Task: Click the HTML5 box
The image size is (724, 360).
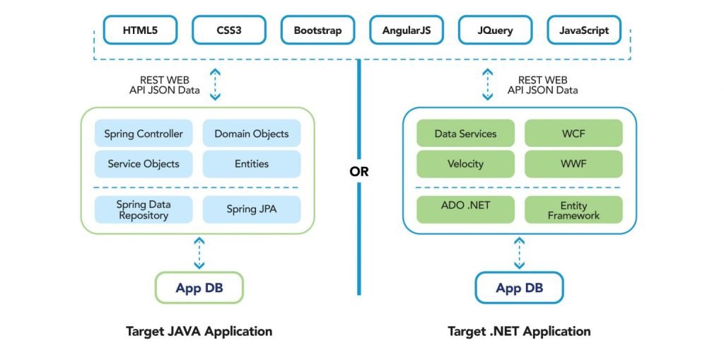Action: tap(140, 30)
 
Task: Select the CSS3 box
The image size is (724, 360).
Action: tap(229, 30)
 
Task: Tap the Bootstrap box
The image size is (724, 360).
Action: tap(317, 30)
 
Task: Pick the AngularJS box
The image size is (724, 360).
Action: tap(407, 30)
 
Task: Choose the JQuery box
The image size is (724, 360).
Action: tap(495, 30)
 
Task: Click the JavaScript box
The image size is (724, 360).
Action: tap(584, 30)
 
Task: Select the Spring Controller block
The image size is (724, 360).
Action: tap(144, 134)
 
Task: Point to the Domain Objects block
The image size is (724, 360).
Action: tap(252, 134)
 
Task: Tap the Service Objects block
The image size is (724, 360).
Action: tap(144, 163)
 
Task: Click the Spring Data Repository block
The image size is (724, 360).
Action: tap(144, 209)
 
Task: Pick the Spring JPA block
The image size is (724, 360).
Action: tap(252, 209)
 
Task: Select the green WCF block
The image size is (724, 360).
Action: tap(573, 134)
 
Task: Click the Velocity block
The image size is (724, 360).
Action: tap(465, 163)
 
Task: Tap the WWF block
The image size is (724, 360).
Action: tap(573, 163)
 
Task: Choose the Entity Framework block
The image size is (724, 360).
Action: tap(573, 209)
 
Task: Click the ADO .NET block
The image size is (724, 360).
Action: tap(465, 209)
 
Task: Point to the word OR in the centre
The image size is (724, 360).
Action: tap(358, 172)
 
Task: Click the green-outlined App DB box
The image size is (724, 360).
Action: tap(199, 287)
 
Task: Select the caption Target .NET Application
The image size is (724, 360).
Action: tap(519, 331)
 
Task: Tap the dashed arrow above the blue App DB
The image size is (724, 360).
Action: tap(520, 252)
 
